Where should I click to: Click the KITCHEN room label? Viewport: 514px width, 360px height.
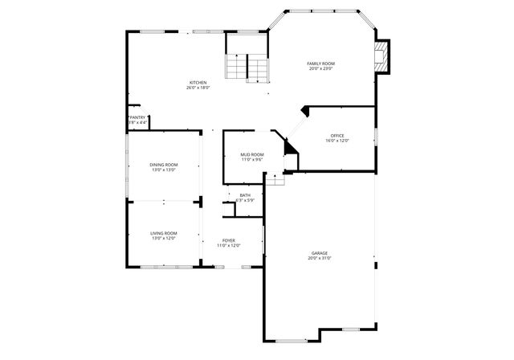point(198,82)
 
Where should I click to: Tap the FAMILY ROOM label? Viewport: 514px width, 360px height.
point(321,63)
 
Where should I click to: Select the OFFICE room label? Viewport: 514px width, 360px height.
point(337,135)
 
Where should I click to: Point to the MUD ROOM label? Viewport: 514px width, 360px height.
point(252,154)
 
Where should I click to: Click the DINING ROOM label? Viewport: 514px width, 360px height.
point(163,165)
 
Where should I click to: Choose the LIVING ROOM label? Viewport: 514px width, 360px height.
point(163,233)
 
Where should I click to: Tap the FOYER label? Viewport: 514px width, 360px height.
point(229,240)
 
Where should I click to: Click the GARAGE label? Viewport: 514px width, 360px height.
point(320,253)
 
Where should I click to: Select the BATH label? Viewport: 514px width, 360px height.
point(245,194)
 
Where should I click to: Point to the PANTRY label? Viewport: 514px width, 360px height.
point(137,117)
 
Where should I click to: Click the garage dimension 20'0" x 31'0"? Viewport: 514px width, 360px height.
point(320,259)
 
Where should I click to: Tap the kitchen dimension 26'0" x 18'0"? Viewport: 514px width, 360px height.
point(198,88)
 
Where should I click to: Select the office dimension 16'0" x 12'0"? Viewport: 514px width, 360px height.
point(337,141)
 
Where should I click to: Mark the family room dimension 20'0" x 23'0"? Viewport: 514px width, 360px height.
point(321,69)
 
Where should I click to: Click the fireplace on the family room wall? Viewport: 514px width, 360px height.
point(382,56)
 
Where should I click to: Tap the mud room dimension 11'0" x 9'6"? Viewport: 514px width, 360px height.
point(252,160)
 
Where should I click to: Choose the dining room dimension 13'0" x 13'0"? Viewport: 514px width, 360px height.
point(163,170)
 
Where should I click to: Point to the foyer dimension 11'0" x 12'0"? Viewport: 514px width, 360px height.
point(229,246)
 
